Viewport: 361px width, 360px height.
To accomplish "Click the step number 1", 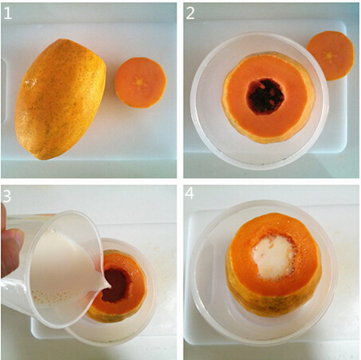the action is click(x=8, y=14).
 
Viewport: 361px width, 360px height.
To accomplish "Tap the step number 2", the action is click(x=190, y=13).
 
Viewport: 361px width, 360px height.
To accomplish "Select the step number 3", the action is click(x=6, y=196).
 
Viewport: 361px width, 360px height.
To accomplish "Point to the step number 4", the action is click(x=189, y=193).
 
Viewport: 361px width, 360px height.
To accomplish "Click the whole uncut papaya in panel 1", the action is click(x=60, y=99).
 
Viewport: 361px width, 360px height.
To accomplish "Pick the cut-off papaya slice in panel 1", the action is click(x=140, y=83).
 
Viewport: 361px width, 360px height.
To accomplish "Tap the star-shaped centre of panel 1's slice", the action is click(x=140, y=83).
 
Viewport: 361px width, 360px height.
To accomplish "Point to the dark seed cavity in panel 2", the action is click(x=265, y=96).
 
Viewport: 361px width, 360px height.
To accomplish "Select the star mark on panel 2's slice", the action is click(x=331, y=56).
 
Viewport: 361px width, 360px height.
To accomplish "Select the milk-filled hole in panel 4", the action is click(x=274, y=257).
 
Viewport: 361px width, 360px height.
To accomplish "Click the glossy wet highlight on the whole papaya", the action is click(x=30, y=83).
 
